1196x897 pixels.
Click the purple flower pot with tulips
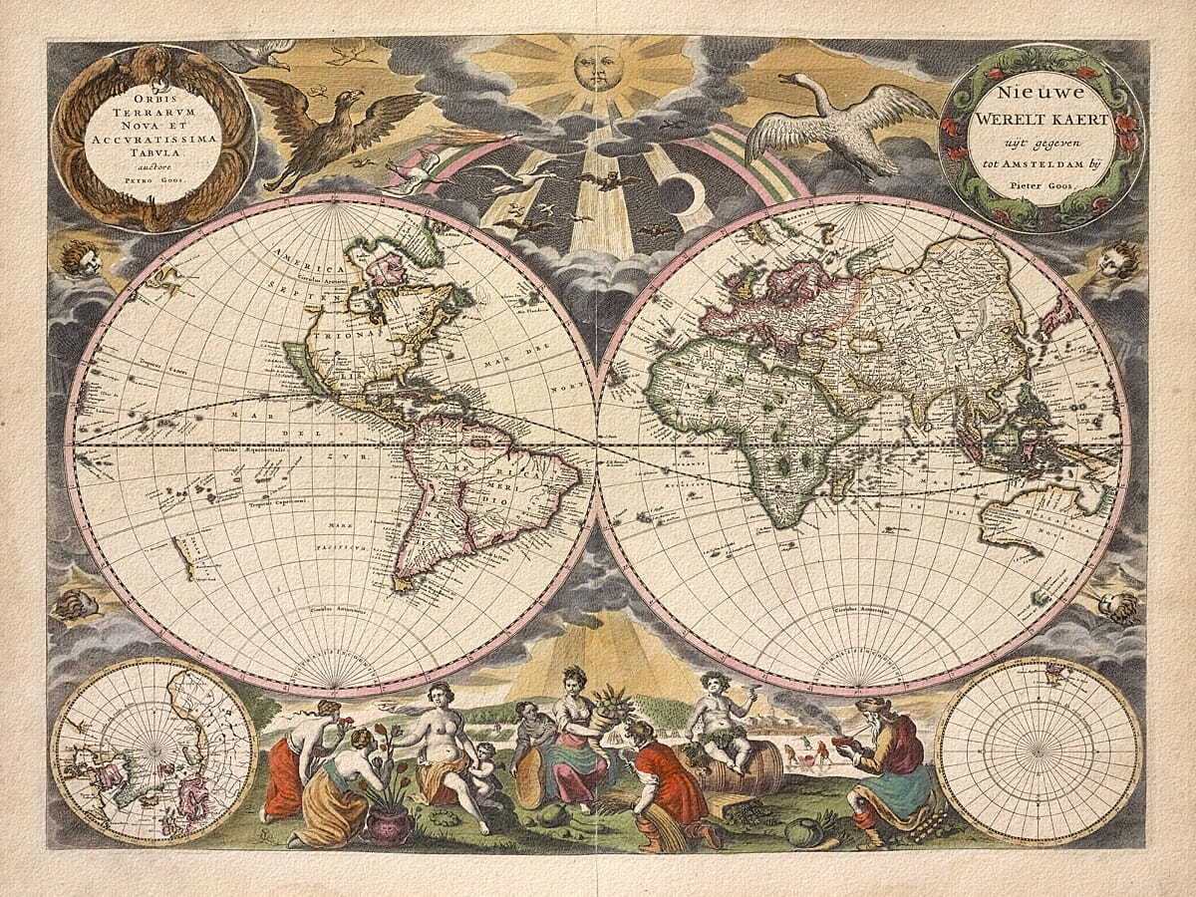coord(389,823)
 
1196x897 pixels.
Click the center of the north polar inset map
coord(153,749)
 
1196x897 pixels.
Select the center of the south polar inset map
coord(1041,749)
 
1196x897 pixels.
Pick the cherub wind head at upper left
coord(83,258)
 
